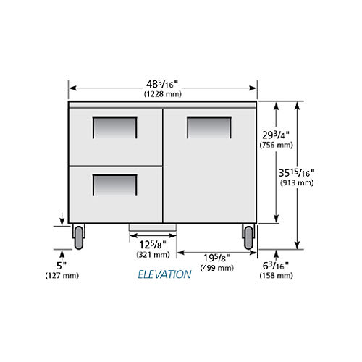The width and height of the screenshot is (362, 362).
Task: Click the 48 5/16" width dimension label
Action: [x=162, y=84]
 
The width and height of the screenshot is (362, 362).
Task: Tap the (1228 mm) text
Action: [x=163, y=94]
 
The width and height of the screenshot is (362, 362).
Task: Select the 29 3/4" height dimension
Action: [x=276, y=135]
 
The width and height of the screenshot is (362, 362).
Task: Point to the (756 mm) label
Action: [x=276, y=145]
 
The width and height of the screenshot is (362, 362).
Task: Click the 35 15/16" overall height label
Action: [x=297, y=173]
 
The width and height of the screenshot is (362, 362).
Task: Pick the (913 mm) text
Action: [x=297, y=182]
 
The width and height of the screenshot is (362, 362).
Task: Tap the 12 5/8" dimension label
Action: [x=153, y=245]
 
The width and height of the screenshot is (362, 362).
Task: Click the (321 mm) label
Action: [x=153, y=255]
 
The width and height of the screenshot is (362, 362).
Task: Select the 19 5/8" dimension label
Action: [x=216, y=258]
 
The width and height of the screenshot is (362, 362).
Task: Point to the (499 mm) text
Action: [x=216, y=268]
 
